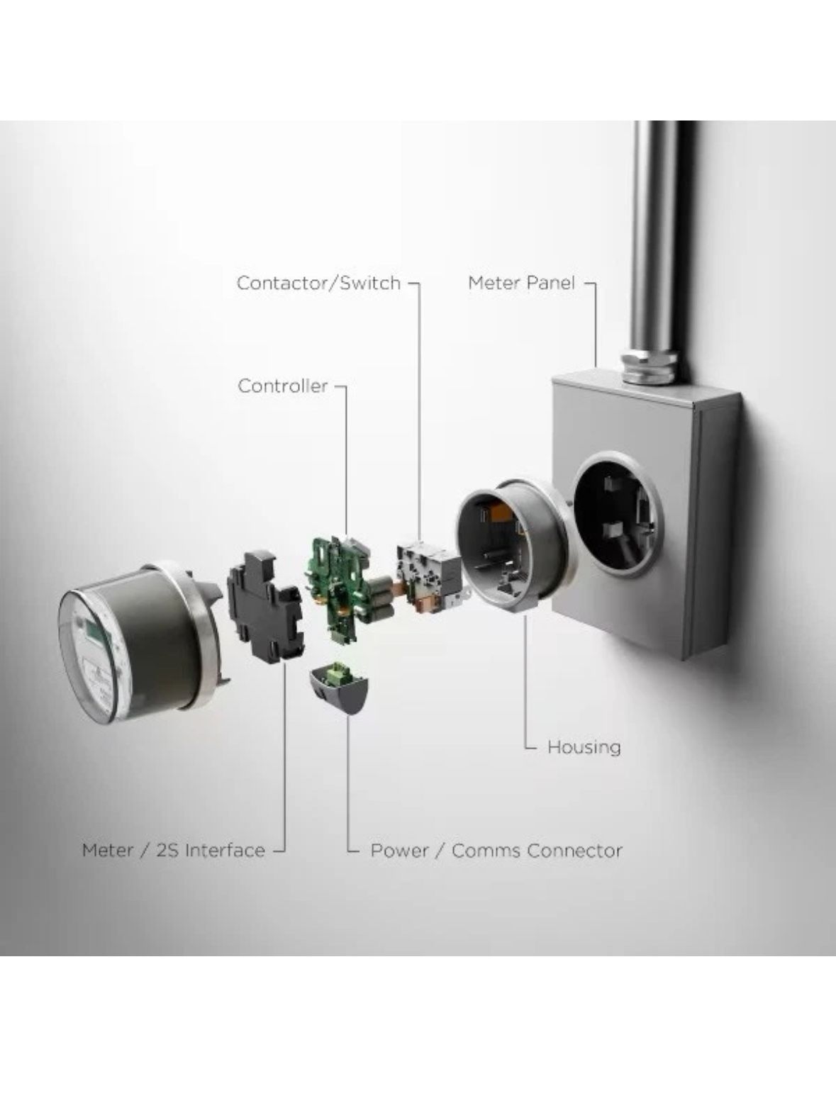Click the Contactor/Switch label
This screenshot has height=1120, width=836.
318,283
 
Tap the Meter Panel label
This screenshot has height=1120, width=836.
522,283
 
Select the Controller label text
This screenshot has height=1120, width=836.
283,386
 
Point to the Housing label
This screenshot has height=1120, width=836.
584,747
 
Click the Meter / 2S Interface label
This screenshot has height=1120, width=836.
174,851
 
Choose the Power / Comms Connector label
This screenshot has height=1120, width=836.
496,851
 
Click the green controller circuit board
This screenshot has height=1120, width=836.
337,587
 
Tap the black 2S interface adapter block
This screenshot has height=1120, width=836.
265,606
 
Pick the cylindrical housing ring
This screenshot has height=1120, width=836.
511,545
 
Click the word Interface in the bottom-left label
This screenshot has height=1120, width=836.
225,851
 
